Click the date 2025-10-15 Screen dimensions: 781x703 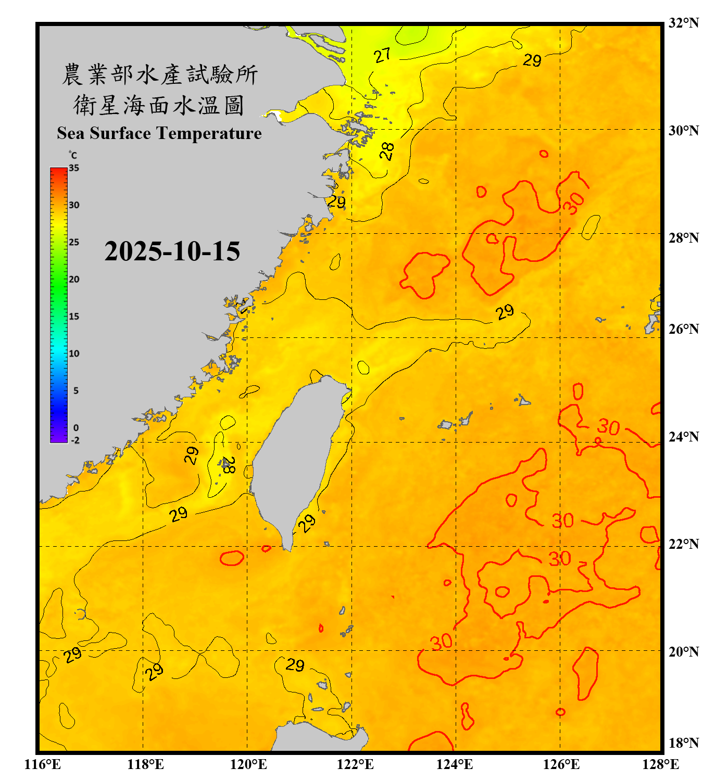tap(172, 251)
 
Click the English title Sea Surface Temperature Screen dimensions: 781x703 tap(159, 133)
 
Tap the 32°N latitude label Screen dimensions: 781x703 tap(683, 23)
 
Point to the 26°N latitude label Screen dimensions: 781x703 tap(683, 329)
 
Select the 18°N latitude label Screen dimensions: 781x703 tap(683, 743)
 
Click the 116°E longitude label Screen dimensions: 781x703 tap(43, 764)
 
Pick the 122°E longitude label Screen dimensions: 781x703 tap(356, 764)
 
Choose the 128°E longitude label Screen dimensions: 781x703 tap(660, 764)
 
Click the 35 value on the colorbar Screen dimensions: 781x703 tap(74, 168)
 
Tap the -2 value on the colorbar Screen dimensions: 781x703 tap(75, 440)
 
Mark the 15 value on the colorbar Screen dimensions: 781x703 tap(74, 317)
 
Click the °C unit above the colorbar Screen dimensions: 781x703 tap(72, 155)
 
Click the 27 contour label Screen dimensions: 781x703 tap(382, 55)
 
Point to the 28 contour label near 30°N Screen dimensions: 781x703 tap(387, 152)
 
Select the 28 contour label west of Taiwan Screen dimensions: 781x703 tap(228, 465)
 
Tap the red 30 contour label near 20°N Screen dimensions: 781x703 tap(441, 642)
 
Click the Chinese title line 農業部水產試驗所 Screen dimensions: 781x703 tap(160, 74)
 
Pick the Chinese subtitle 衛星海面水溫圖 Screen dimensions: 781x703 tap(159, 105)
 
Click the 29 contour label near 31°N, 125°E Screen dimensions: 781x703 tap(532, 60)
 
